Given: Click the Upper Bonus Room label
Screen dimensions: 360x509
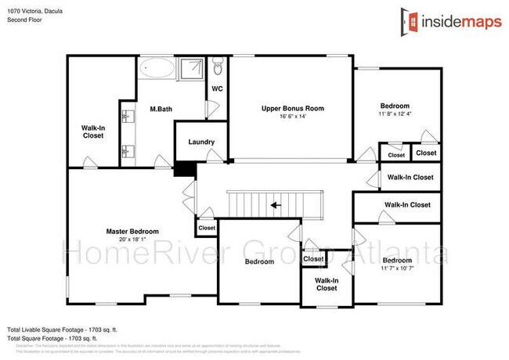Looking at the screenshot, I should (x=292, y=108).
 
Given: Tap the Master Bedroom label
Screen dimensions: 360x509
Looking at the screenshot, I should (x=133, y=231).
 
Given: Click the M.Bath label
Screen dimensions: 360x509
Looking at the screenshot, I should (x=161, y=109).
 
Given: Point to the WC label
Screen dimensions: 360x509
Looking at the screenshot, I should (x=217, y=88).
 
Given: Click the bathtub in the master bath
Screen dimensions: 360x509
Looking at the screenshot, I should (x=158, y=69).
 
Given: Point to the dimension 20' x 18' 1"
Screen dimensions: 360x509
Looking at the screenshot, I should (x=133, y=240).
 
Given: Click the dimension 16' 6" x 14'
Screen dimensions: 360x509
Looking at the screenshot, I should (x=292, y=116).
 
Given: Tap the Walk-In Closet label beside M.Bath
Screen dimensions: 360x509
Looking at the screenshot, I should (x=93, y=131).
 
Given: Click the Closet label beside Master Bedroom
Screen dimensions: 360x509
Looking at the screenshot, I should (x=207, y=228).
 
